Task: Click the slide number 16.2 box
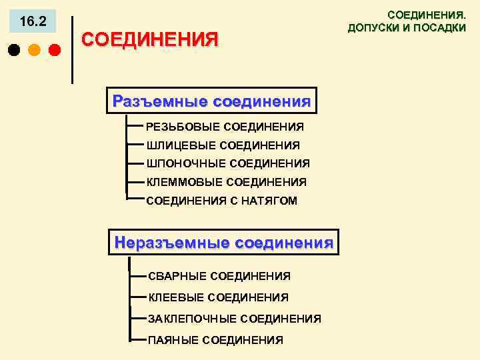(x=33, y=22)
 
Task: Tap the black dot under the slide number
(x=13, y=50)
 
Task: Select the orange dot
(x=34, y=50)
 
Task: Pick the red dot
(x=54, y=50)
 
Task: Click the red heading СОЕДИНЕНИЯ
(x=149, y=39)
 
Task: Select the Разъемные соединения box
(x=212, y=101)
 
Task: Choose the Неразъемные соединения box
(x=223, y=243)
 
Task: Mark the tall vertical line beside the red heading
(x=72, y=50)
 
